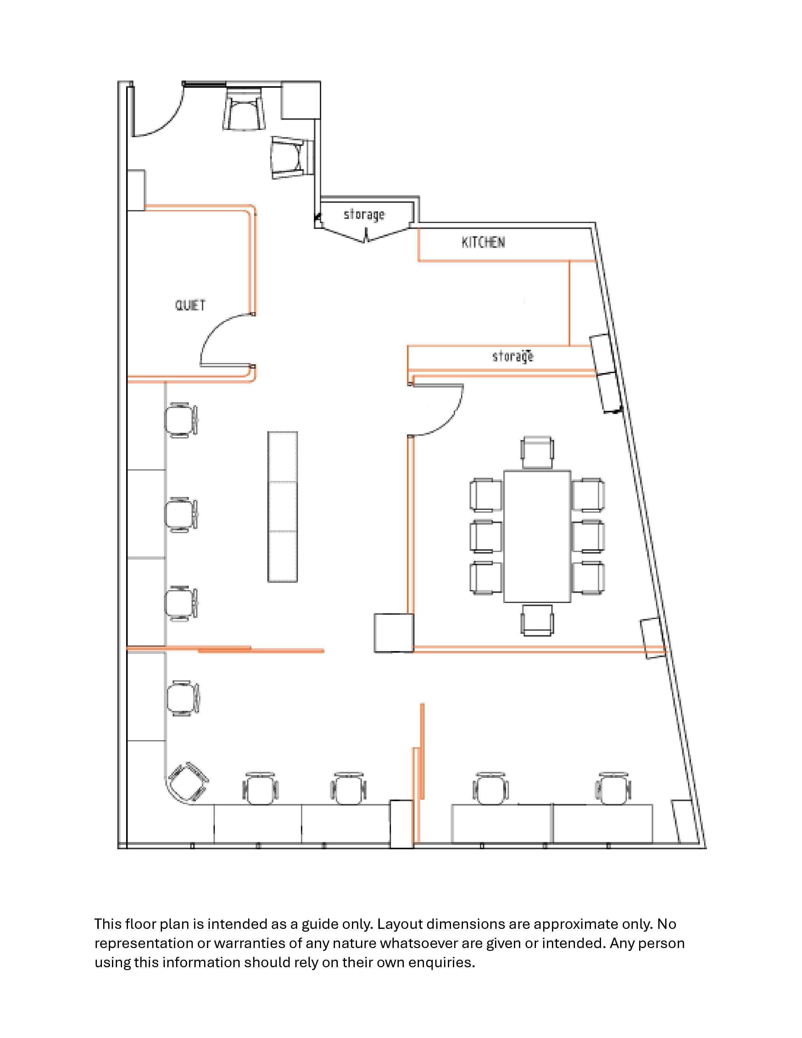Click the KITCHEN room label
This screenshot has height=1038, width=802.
click(483, 243)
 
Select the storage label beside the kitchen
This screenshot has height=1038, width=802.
click(364, 215)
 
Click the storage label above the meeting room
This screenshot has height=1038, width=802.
click(513, 356)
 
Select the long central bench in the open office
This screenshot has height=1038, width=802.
click(283, 507)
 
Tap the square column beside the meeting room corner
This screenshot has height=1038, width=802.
click(393, 633)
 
